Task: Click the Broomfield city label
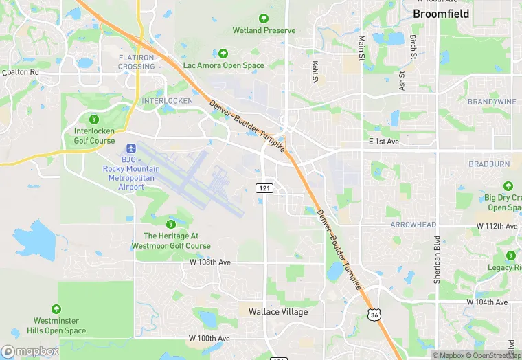pyautogui.click(x=441, y=14)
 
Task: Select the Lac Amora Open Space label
pyautogui.click(x=223, y=65)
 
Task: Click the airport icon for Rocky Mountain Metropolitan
pyautogui.click(x=131, y=148)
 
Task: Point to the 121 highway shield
pyautogui.click(x=265, y=188)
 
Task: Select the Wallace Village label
pyautogui.click(x=278, y=311)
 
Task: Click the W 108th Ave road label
pyautogui.click(x=210, y=262)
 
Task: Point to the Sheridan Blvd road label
pyautogui.click(x=436, y=254)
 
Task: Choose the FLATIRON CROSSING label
pyautogui.click(x=136, y=62)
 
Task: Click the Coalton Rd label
pyautogui.click(x=21, y=71)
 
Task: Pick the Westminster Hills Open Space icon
pyautogui.click(x=56, y=309)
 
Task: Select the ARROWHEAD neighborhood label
pyautogui.click(x=413, y=225)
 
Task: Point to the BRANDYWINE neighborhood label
pyautogui.click(x=491, y=102)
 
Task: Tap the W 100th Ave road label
pyautogui.click(x=210, y=339)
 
